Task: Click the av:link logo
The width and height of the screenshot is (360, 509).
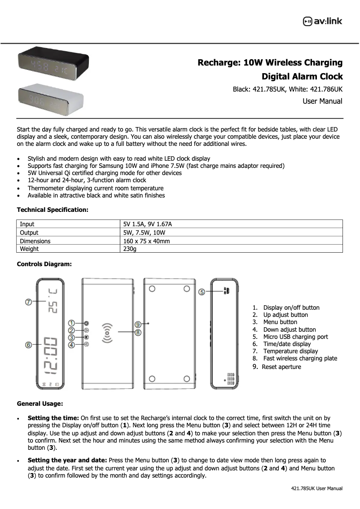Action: (323, 21)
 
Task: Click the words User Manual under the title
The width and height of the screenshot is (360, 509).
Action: (322, 101)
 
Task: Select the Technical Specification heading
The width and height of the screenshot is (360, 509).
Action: (53, 210)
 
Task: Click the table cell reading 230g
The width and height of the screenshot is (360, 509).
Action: (130, 249)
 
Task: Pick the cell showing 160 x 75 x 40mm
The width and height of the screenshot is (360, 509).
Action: (146, 241)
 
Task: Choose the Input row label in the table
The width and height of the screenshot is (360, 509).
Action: (27, 224)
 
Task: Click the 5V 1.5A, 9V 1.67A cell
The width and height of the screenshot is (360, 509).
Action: (148, 224)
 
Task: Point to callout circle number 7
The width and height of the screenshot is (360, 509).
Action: (28, 302)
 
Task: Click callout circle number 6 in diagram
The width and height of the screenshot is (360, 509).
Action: (28, 345)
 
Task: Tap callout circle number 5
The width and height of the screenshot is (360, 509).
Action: (202, 292)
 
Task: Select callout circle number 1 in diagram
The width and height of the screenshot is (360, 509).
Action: (71, 323)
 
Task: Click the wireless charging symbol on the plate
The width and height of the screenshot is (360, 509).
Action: (108, 333)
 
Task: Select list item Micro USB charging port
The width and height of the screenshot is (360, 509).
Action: (295, 337)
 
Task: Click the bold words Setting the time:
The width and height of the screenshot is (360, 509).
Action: (53, 418)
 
